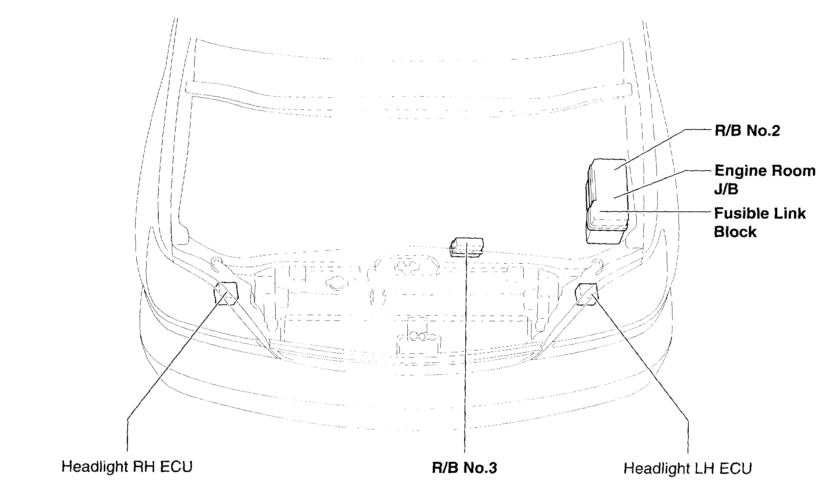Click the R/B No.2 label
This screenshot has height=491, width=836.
747,131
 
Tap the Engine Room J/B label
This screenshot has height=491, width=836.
764,180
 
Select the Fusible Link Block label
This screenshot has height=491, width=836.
759,222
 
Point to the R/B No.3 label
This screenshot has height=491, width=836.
464,468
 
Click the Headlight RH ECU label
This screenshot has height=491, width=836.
127,466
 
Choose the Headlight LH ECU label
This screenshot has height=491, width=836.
687,468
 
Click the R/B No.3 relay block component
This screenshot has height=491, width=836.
466,247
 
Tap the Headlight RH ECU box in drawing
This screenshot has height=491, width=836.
226,293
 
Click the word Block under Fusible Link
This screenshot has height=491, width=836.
735,232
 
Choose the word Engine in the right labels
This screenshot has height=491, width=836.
737,171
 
